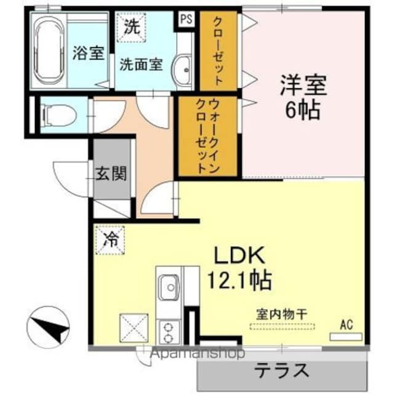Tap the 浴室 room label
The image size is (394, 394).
coord(87,54)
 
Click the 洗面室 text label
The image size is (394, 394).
coord(141,64)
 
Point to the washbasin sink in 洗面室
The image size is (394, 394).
coord(183,68)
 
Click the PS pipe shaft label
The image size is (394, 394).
coord(185,18)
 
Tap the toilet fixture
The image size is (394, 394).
coord(58,114)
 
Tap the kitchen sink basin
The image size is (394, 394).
coord(167,286)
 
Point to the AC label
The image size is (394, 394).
coord(346,325)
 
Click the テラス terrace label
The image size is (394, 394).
coord(282,371)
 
